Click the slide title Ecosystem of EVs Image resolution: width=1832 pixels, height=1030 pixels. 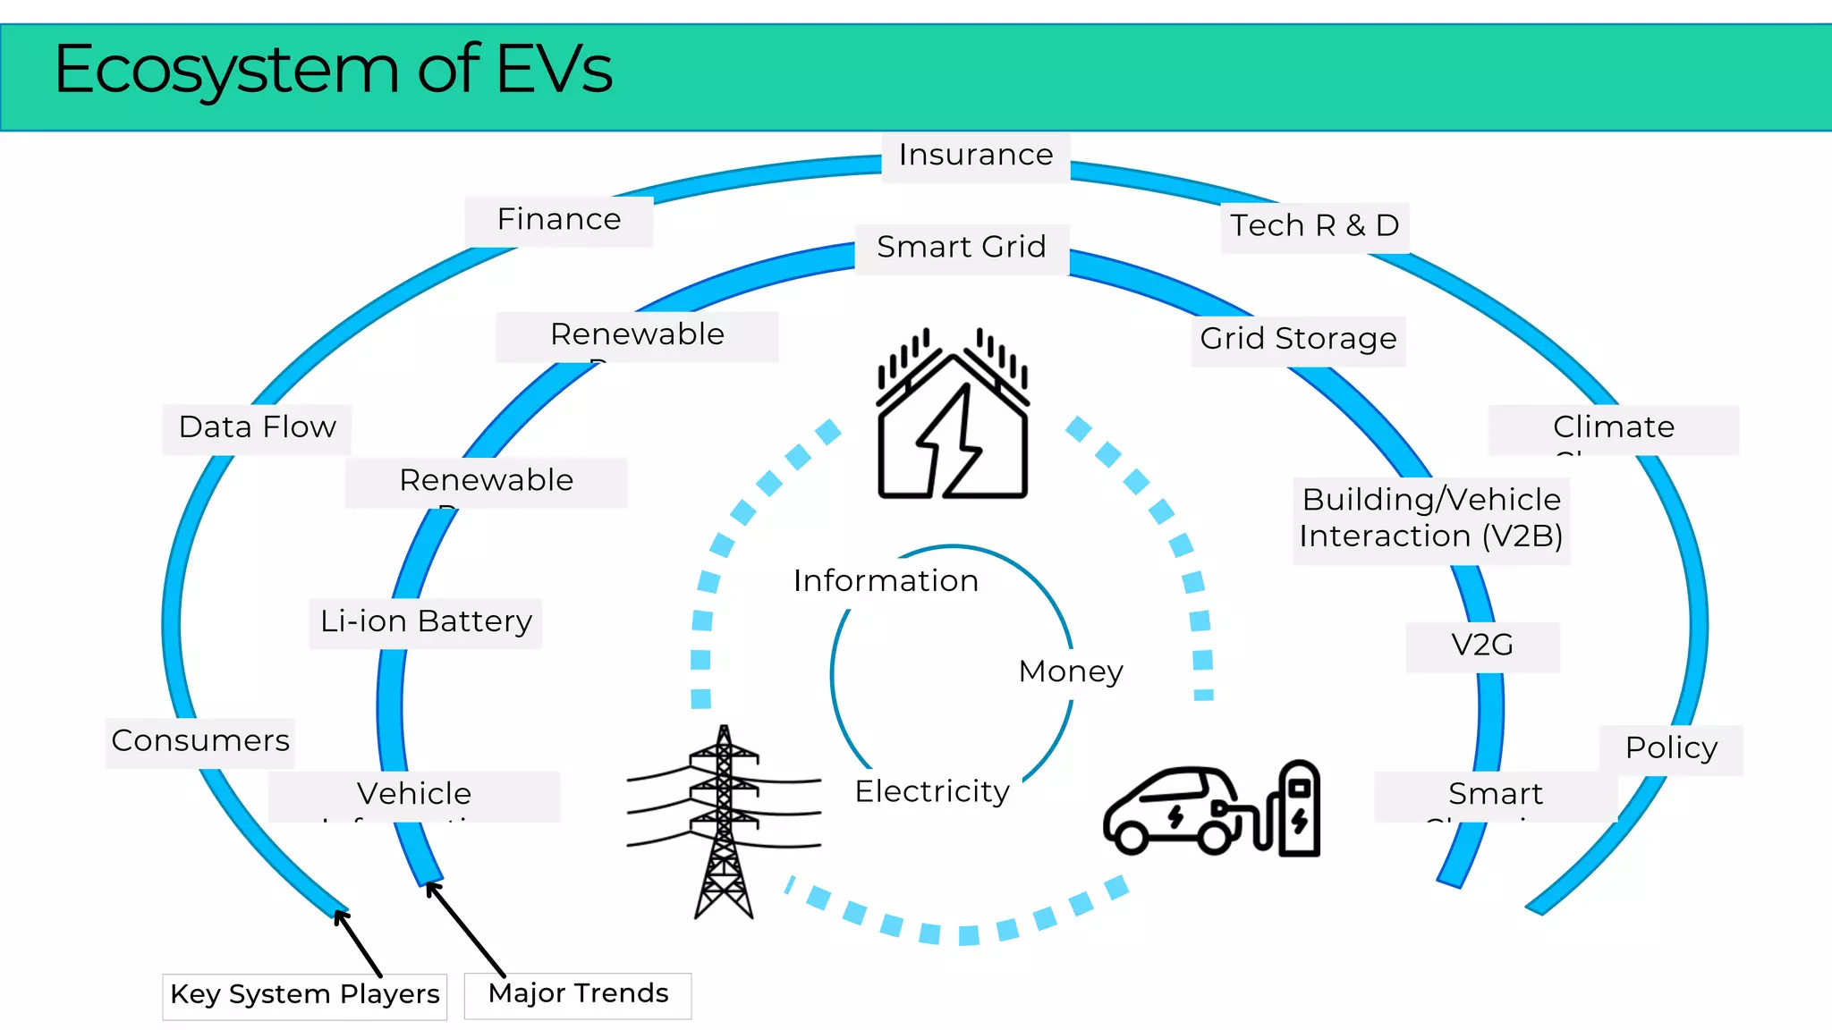[x=333, y=70]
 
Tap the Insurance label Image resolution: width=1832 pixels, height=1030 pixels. [x=975, y=156]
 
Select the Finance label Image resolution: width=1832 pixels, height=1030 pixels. [x=559, y=220]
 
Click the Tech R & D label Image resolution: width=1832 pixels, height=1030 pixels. [x=1314, y=226]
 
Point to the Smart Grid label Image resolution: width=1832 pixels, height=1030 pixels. [x=962, y=248]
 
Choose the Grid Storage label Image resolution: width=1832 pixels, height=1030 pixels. [x=1298, y=340]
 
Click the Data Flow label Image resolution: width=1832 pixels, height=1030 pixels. [x=258, y=428]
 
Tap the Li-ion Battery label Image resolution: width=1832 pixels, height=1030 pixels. [x=426, y=622]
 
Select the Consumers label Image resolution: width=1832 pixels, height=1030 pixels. [x=200, y=741]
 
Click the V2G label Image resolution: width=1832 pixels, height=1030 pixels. [x=1482, y=646]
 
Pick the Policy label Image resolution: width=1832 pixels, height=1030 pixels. [x=1670, y=748]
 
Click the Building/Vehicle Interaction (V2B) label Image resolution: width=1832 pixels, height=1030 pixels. [x=1430, y=519]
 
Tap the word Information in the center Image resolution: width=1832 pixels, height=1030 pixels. [x=886, y=582]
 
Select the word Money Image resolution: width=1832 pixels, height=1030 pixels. [x=1070, y=672]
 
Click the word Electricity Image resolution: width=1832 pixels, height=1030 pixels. [x=932, y=792]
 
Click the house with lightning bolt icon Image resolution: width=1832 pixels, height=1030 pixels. [x=953, y=416]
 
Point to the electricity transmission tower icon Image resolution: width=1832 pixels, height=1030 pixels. [x=724, y=823]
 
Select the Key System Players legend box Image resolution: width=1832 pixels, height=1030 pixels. [x=305, y=995]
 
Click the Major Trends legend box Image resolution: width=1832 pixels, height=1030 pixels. [x=578, y=994]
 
